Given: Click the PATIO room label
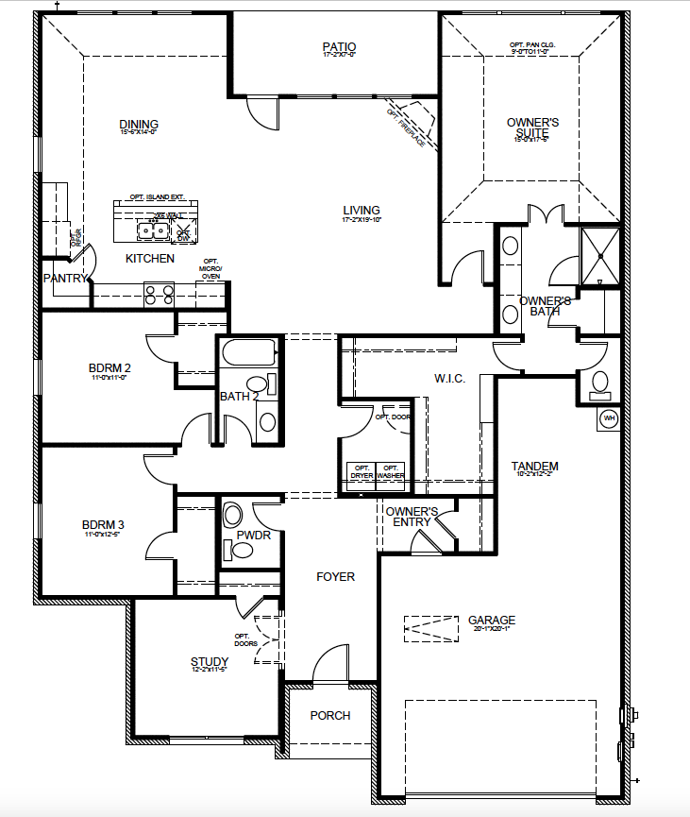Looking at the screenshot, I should point(338,46).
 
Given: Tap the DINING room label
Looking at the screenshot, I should point(138,125).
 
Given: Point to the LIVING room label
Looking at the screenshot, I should point(361,211).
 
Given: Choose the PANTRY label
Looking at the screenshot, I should point(64,278).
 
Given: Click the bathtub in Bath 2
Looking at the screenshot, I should point(248,355).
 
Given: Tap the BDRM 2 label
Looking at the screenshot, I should point(109,367).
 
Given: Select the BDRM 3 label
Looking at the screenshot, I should point(103,524).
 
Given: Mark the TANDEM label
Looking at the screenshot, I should point(534,466).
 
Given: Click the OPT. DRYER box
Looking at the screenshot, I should point(362,471).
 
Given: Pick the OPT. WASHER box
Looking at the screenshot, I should point(392,471).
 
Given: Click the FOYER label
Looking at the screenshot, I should point(335,576).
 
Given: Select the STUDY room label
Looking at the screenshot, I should point(209,661).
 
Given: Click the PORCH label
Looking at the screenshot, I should point(330,715).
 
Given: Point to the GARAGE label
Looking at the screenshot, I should point(492,621).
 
